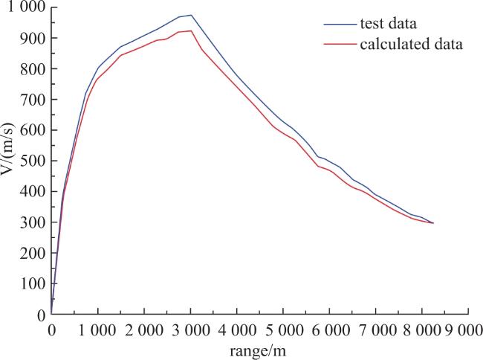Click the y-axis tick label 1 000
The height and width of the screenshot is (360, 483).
pos(27,7)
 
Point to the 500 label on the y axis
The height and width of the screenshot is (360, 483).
pos(33,161)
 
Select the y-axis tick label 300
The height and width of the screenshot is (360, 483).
pos(33,222)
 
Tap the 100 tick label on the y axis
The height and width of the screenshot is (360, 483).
pos(33,283)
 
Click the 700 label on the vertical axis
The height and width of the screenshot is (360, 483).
pos(33,99)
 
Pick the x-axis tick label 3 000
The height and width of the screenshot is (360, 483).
pos(191,331)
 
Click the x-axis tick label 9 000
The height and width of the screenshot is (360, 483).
pos(464,331)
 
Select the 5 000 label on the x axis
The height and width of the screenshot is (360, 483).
pos(283,331)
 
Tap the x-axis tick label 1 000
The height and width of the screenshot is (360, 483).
pos(97,331)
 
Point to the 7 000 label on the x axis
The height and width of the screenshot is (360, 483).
pos(376,331)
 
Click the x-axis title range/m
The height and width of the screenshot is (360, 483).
pos(258,351)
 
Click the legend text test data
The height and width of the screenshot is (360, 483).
pos(389,24)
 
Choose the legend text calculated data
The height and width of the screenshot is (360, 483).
pos(411,44)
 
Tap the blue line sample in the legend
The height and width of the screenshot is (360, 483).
pos(340,24)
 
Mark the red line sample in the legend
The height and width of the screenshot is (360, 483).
pos(340,45)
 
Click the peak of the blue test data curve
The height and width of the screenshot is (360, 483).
pos(191,15)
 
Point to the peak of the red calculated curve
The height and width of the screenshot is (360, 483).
pos(191,30)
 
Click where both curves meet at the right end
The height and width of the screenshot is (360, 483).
pos(433,223)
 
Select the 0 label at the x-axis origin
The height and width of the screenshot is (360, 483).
pos(52,331)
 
